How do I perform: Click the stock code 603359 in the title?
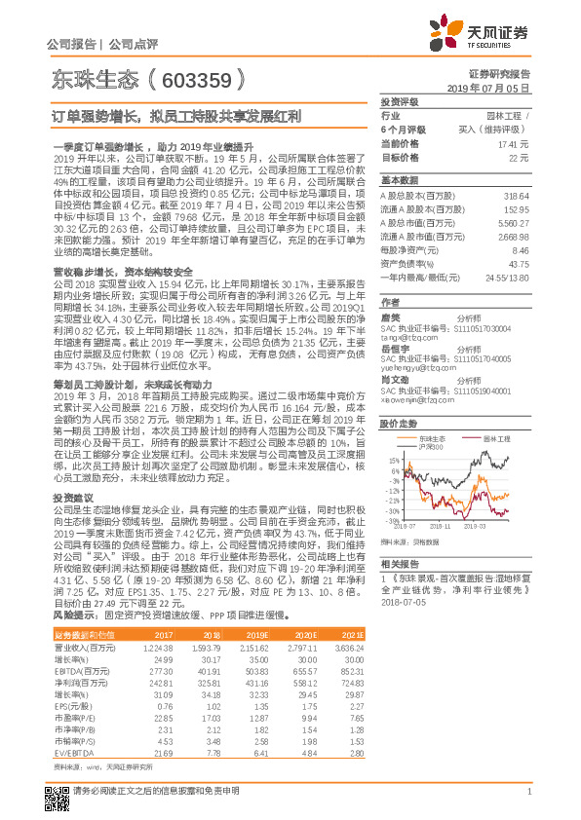pos(192,76)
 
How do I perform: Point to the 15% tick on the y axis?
pos(393,460)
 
